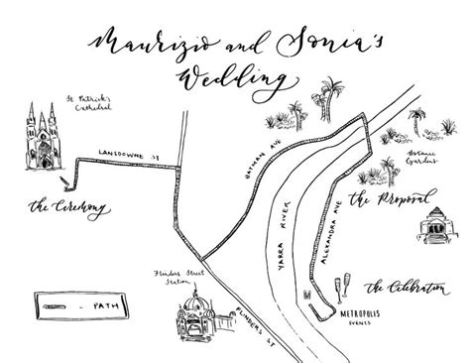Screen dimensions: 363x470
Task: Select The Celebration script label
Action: (x=405, y=289)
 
